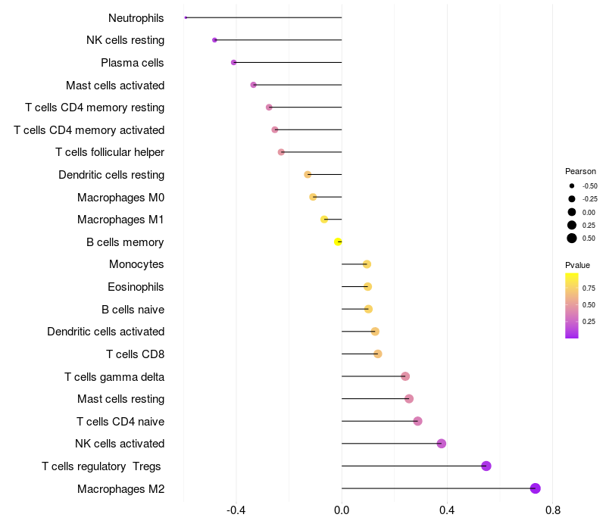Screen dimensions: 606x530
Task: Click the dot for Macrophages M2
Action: [535, 488]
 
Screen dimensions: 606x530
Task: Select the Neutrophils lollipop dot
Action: [186, 17]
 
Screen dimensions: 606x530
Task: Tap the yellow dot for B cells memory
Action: [338, 242]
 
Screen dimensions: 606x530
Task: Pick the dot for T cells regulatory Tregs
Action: [486, 466]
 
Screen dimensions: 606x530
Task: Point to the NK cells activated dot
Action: [442, 444]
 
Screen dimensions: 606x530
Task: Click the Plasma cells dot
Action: [233, 63]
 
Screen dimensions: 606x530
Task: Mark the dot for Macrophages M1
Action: [324, 220]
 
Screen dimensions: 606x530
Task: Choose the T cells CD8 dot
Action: [378, 354]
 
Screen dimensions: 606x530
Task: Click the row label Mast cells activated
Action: [115, 85]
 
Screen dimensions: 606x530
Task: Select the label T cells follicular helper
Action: [110, 152]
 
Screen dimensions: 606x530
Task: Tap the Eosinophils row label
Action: [136, 287]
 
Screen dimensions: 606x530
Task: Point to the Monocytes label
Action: [136, 264]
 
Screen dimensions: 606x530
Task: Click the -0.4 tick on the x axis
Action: [236, 510]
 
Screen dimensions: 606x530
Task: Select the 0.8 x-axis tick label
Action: [553, 510]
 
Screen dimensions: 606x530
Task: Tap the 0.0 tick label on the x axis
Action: [342, 510]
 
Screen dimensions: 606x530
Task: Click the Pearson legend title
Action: [580, 171]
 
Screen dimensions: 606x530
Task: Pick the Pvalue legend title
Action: [577, 265]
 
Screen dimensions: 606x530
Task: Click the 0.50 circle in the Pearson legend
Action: [572, 238]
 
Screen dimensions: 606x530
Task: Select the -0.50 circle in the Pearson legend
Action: [572, 185]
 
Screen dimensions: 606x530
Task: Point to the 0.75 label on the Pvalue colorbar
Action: [589, 288]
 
